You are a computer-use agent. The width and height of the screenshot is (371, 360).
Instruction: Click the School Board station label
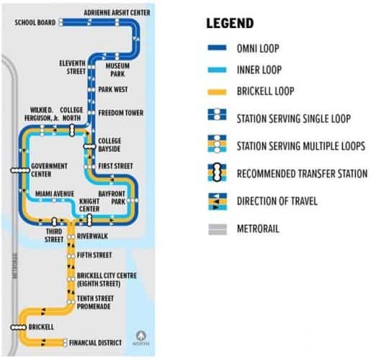tap(35, 22)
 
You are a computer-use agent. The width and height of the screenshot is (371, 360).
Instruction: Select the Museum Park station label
tap(117, 69)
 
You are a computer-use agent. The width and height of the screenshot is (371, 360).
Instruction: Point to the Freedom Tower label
tap(120, 113)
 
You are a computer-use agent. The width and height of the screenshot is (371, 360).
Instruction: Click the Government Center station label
tap(50, 169)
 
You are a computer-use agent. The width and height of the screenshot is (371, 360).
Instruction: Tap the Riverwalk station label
tap(93, 235)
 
